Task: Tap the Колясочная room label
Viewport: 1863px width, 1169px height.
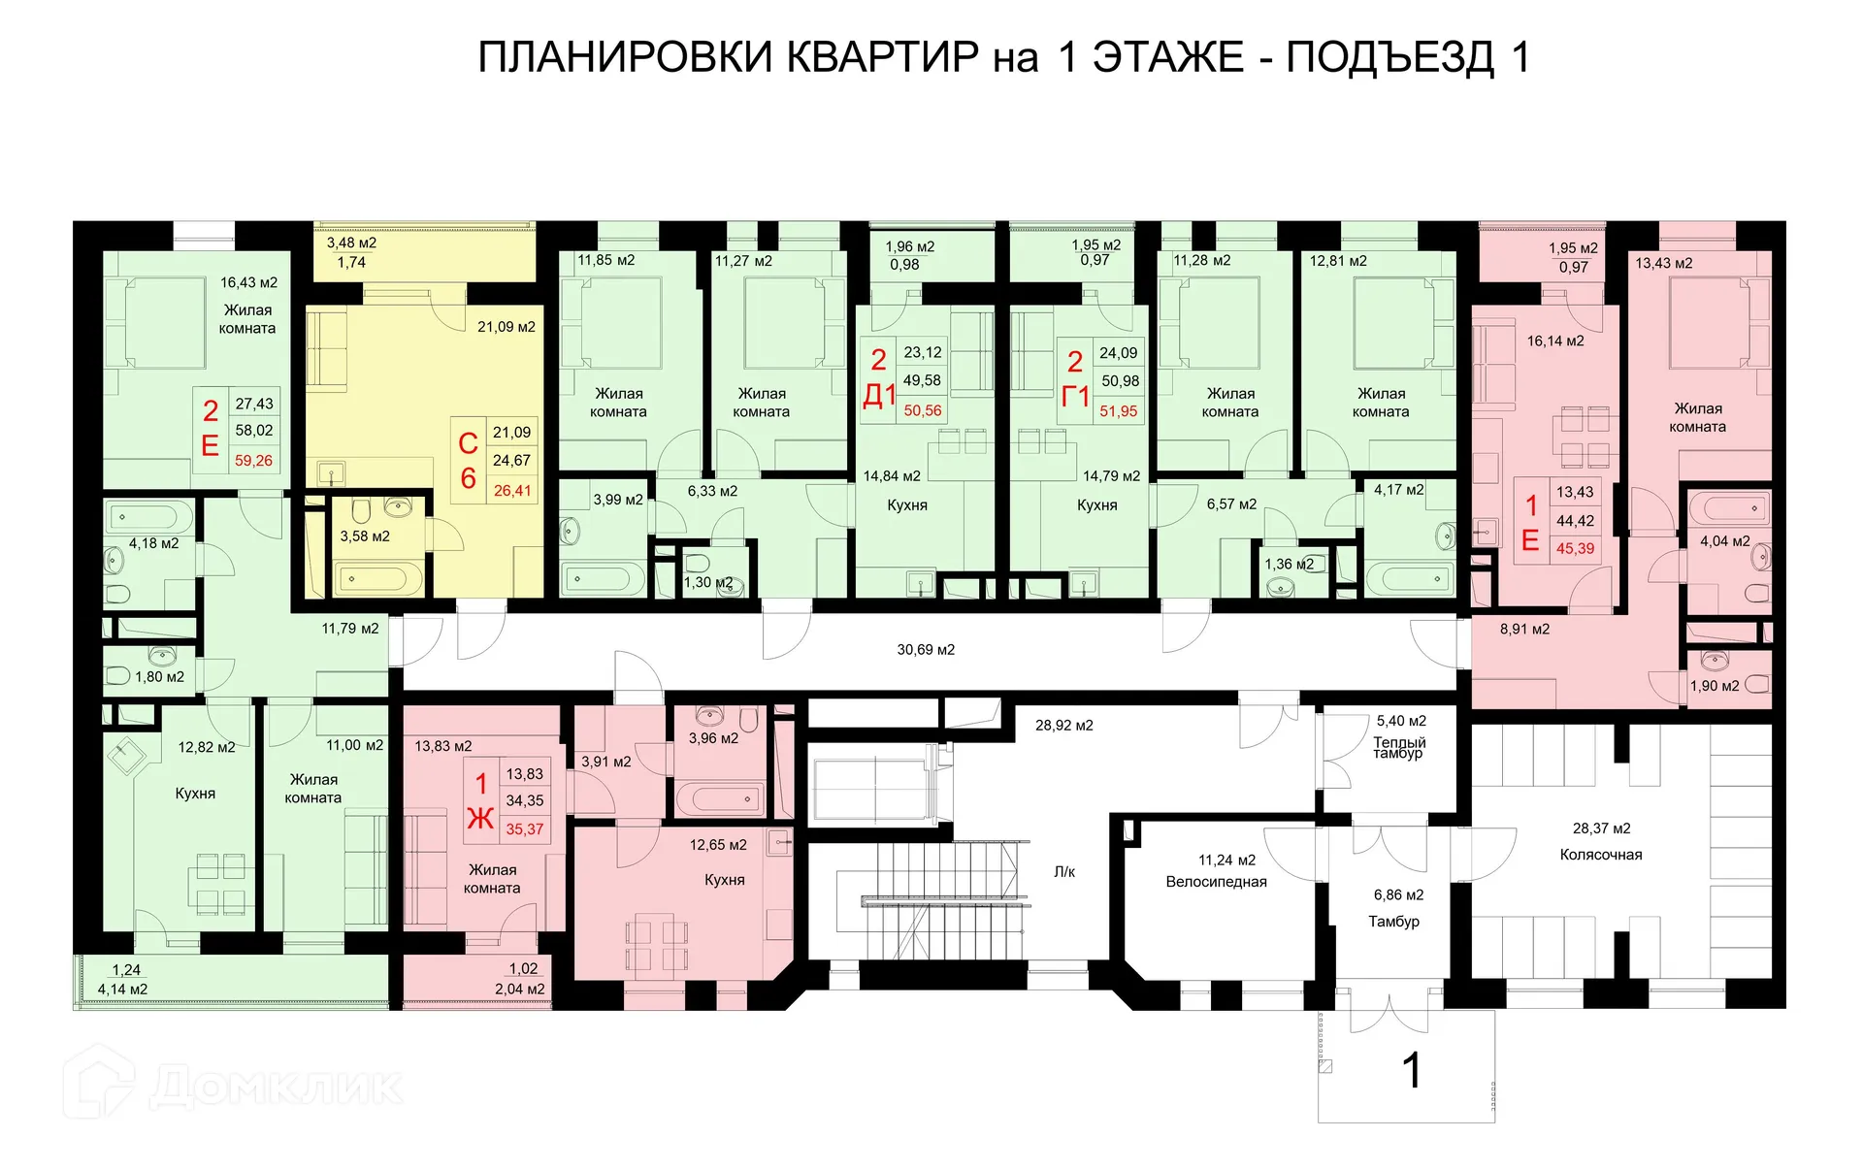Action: coord(1600,855)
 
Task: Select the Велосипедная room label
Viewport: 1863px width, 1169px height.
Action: coord(1216,882)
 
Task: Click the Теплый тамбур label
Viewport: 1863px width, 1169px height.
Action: coord(1398,748)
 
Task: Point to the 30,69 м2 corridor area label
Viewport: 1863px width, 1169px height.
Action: coord(925,650)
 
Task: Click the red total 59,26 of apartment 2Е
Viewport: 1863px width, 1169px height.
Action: coord(253,461)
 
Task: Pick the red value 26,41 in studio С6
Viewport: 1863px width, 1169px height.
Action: coord(512,491)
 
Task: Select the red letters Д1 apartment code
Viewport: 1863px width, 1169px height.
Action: coord(879,396)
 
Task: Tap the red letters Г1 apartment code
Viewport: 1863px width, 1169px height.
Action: coord(1075,397)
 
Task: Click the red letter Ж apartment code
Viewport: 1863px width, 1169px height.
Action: coord(480,820)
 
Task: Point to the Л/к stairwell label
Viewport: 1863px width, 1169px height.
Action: coord(1064,872)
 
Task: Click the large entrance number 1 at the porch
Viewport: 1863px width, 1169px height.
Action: coord(1412,1071)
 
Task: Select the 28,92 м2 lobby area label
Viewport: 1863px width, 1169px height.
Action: coord(1063,726)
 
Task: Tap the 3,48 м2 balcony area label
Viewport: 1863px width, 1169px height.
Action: coord(351,244)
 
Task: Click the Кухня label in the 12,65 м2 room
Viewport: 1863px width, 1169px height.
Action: coord(724,880)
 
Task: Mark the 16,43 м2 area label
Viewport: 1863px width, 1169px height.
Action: coord(248,282)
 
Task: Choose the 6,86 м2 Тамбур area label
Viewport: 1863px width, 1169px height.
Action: coord(1398,895)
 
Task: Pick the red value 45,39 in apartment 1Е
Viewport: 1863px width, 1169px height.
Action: coord(1575,549)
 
